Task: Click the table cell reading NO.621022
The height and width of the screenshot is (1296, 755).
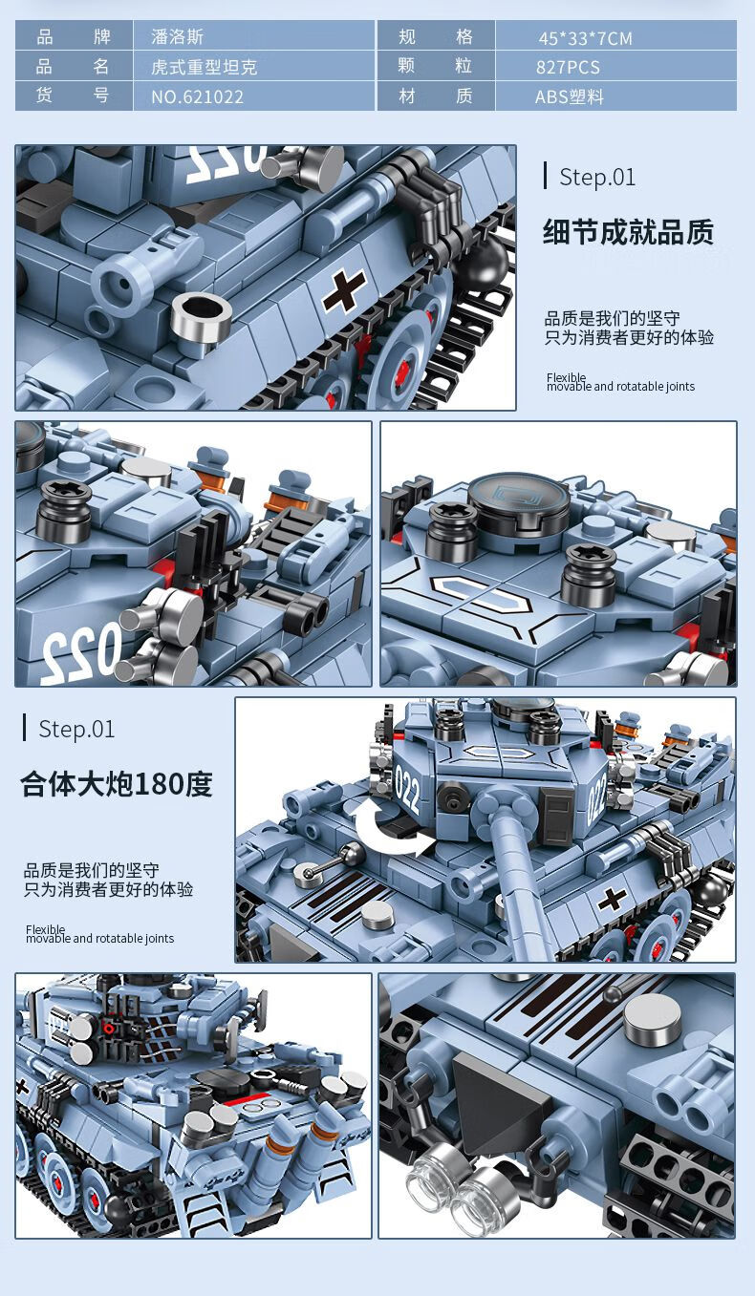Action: tap(197, 96)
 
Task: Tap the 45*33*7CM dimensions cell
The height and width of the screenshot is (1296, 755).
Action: tap(585, 38)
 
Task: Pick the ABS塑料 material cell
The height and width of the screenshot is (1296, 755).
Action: tap(570, 96)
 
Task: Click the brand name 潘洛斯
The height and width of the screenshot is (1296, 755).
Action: tap(178, 38)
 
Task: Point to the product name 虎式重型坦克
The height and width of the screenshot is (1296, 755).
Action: tap(204, 67)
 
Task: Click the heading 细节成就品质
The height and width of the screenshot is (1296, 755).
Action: tap(628, 232)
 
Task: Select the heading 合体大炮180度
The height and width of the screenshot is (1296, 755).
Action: tap(117, 784)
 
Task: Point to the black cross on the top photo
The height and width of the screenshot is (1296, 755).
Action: tap(344, 289)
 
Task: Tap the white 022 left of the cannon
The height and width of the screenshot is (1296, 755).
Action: tap(406, 786)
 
